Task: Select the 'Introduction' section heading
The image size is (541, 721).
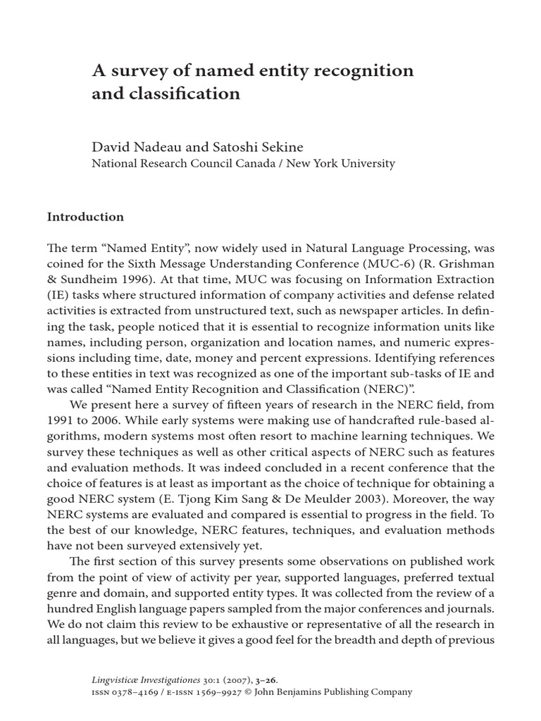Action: pyautogui.click(x=85, y=217)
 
